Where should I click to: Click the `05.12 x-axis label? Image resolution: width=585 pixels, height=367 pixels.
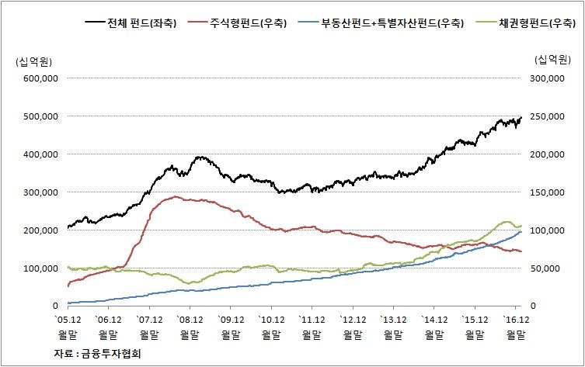point(68,319)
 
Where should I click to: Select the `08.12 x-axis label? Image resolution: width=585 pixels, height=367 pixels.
point(190,319)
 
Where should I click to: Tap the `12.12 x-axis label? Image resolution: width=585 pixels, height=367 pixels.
point(353,319)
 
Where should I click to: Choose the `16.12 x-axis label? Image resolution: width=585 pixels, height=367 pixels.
point(516,319)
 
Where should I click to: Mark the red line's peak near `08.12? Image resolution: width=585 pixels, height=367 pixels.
point(176,196)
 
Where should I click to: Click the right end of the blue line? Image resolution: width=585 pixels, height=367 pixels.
point(521,232)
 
